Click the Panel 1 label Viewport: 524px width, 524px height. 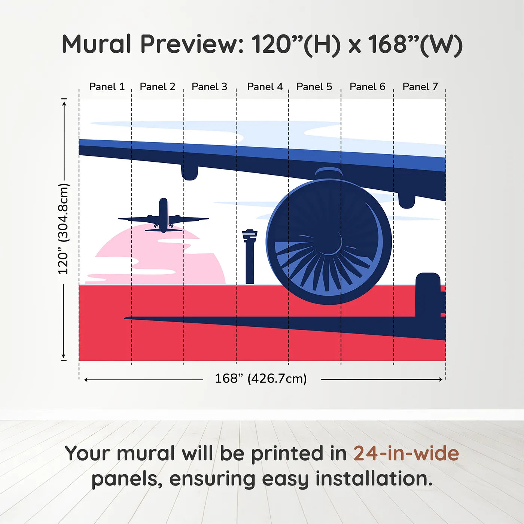pos(107,87)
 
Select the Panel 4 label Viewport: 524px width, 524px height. pos(265,87)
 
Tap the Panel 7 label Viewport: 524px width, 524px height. pos(420,87)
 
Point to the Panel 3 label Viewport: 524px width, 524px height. pos(209,87)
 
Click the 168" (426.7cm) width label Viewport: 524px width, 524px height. pos(261,378)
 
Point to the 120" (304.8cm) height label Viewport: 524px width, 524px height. pos(63,229)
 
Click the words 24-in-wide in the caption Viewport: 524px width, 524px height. pos(406,454)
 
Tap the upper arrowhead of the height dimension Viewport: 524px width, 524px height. pos(64,102)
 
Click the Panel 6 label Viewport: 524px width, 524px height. pos(367,87)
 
